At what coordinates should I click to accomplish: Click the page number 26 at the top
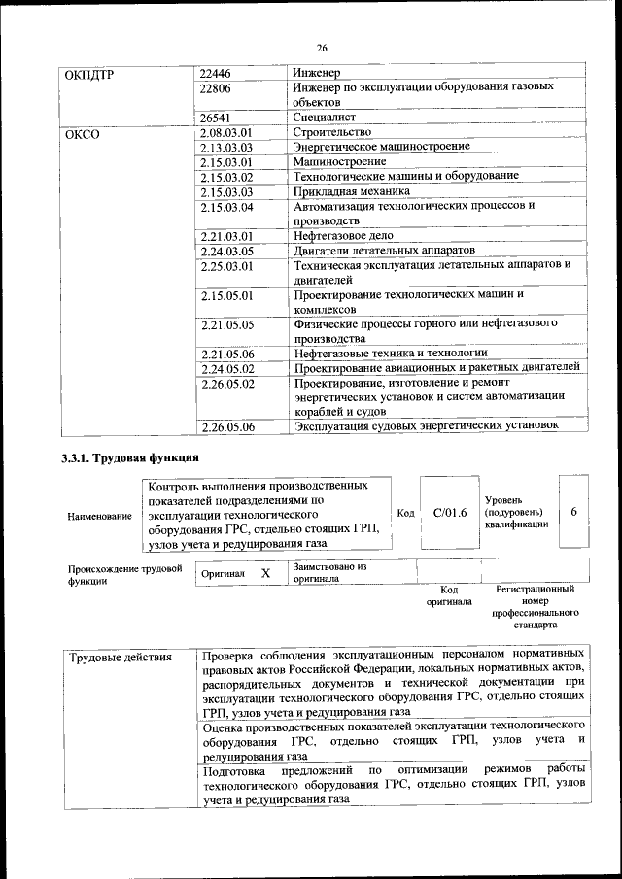(322, 48)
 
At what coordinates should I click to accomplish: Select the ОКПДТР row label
(90, 74)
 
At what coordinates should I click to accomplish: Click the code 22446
(216, 74)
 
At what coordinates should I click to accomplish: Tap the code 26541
(216, 117)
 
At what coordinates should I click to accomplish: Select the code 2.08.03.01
(225, 132)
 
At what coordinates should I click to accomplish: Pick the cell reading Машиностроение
(339, 161)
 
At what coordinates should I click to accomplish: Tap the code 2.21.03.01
(225, 235)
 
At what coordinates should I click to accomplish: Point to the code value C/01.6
(450, 512)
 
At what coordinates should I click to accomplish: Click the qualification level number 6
(573, 512)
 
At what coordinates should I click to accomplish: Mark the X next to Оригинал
(264, 573)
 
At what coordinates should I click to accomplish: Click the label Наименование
(99, 517)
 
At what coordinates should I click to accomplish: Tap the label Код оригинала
(448, 595)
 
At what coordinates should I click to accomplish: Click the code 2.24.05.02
(225, 367)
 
